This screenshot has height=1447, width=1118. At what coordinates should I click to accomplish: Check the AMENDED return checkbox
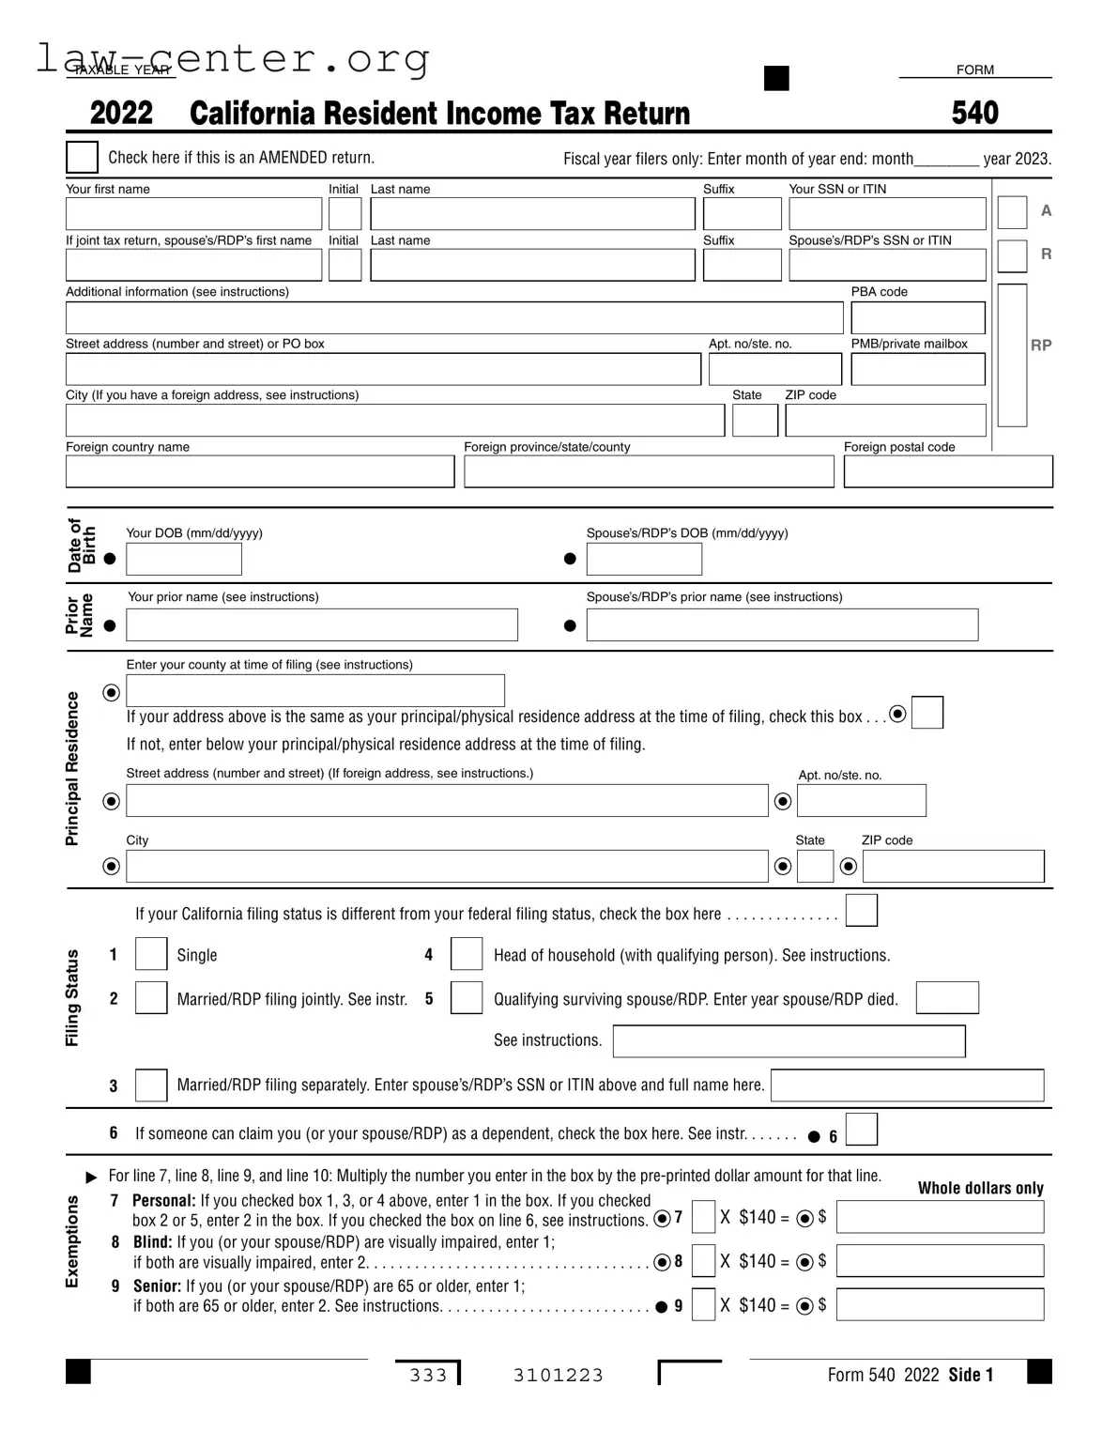[x=82, y=157]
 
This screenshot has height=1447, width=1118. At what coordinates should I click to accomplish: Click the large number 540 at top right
[x=974, y=113]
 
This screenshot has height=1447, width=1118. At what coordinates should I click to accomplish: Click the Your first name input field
[x=193, y=214]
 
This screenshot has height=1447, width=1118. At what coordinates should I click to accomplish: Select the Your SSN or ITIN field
[x=887, y=214]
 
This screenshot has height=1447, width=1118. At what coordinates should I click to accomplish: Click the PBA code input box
[x=917, y=317]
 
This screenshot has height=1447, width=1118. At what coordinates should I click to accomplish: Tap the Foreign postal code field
[x=947, y=471]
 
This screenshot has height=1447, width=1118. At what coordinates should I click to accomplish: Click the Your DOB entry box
[x=184, y=559]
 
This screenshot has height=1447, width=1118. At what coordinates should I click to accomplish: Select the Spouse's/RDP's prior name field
[x=782, y=624]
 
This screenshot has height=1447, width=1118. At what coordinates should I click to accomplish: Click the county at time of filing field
[x=315, y=690]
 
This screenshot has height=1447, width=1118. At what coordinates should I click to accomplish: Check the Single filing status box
[x=151, y=954]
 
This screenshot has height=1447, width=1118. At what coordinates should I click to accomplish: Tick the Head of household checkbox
[x=467, y=954]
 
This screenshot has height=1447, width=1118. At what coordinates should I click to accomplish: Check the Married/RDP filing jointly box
[x=151, y=997]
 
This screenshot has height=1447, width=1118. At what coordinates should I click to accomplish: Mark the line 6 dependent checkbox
[x=861, y=1129]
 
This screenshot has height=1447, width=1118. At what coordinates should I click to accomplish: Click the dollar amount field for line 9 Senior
[x=940, y=1304]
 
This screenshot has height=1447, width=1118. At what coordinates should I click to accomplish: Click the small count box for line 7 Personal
[x=703, y=1217]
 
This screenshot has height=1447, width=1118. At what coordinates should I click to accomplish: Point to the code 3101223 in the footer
[x=558, y=1376]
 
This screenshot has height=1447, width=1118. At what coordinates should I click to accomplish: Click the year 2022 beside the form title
[x=121, y=114]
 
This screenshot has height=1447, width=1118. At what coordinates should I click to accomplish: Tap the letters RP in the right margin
[x=1041, y=345]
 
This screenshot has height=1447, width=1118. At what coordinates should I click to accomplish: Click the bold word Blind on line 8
[x=152, y=1241]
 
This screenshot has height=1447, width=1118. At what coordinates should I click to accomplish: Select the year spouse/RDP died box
[x=946, y=997]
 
